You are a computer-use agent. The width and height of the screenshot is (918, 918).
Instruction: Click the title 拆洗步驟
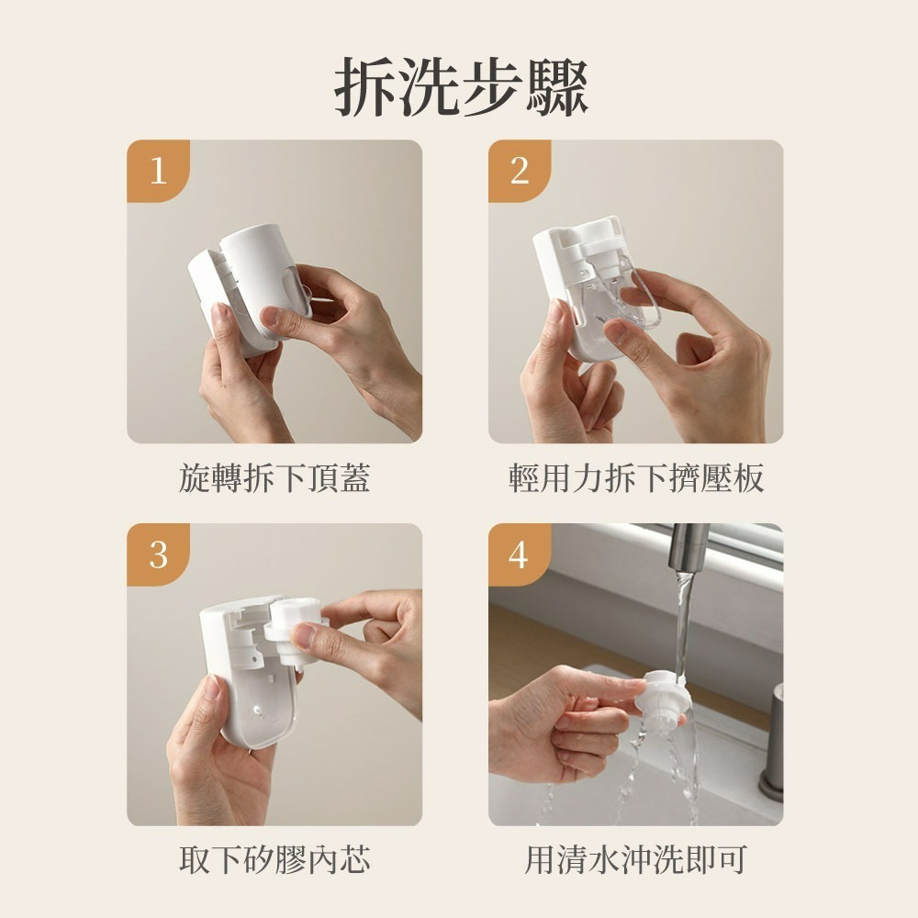pyautogui.click(x=459, y=87)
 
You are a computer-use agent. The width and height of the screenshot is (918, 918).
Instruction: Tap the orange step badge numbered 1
pyautogui.click(x=158, y=171)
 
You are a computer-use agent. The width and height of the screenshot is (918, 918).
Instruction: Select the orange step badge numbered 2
pyautogui.click(x=520, y=171)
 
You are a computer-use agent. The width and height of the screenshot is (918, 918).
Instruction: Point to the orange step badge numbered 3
pyautogui.click(x=158, y=554)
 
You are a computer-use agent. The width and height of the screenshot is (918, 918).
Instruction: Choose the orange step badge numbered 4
pyautogui.click(x=520, y=554)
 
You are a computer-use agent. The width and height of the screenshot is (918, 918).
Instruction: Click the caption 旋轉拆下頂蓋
pyautogui.click(x=274, y=477)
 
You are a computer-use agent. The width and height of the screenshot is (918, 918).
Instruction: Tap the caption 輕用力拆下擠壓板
pyautogui.click(x=635, y=477)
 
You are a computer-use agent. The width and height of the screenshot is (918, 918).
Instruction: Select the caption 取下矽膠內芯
pyautogui.click(x=274, y=860)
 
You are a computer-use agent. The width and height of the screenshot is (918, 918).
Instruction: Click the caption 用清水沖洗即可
pyautogui.click(x=635, y=860)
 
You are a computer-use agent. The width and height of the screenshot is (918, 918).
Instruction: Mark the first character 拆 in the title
pyautogui.click(x=363, y=87)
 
